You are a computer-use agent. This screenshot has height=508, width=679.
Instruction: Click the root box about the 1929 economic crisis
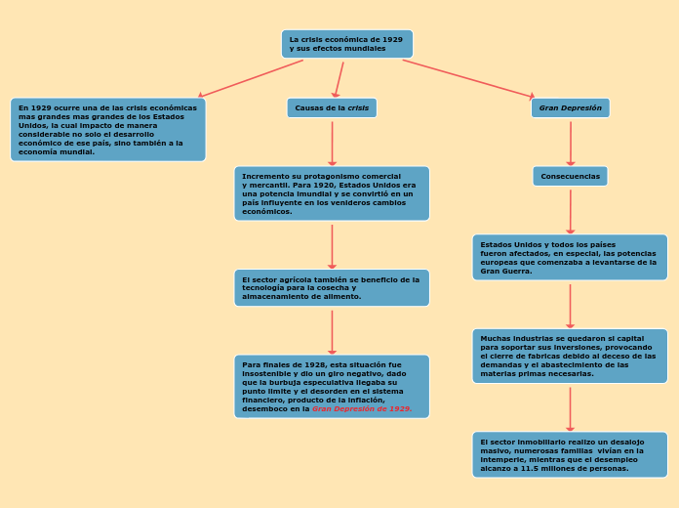point(346,44)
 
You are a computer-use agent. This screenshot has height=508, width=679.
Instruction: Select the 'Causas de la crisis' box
point(332,107)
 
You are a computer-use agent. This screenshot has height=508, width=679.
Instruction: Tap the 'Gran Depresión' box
point(571,107)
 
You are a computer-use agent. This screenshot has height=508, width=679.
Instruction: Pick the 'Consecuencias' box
point(570,176)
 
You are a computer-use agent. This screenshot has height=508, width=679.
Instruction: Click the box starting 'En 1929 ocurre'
point(107,129)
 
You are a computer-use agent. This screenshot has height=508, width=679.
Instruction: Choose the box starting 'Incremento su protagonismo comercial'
point(332,193)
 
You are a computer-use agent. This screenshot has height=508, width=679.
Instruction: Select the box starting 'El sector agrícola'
point(332,287)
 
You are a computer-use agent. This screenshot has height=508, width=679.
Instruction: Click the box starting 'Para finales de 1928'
point(332,386)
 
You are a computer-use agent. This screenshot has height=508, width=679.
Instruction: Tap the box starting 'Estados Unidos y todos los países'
point(570,257)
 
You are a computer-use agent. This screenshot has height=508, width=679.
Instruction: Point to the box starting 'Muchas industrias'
point(570,356)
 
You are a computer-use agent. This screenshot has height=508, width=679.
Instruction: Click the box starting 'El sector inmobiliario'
point(570,454)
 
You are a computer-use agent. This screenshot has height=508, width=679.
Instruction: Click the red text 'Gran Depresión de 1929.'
point(362,409)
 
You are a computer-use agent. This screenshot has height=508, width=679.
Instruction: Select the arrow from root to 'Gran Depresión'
point(468,79)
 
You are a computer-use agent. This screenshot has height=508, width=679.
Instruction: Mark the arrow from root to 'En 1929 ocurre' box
point(251,78)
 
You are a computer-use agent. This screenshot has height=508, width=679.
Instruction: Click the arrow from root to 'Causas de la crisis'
point(338,79)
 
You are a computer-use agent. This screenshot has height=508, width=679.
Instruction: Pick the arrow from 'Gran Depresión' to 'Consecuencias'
point(571,143)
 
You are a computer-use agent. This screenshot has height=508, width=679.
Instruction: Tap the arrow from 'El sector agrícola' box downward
point(332,332)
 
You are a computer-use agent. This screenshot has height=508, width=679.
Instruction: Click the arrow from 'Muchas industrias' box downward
point(570,408)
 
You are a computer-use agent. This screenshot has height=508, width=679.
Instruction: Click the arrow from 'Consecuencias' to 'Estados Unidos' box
point(570,211)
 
